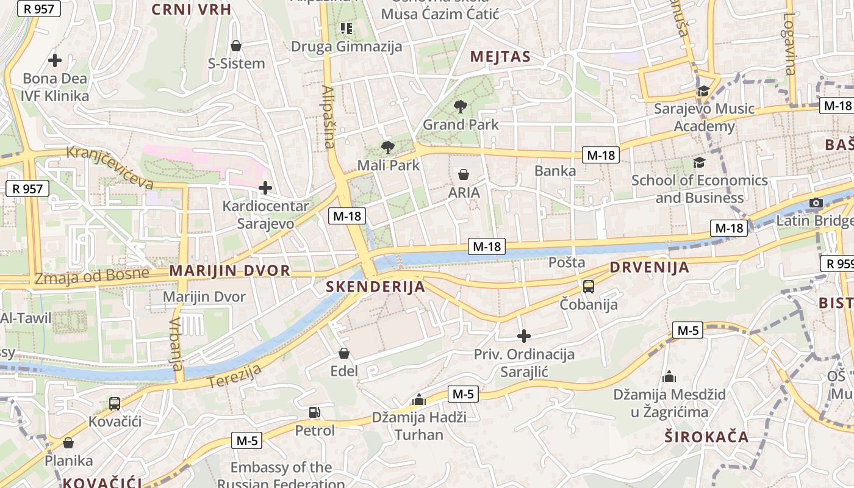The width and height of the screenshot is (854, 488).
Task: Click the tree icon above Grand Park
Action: click(x=461, y=107)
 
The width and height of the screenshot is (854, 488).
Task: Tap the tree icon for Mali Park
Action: click(x=387, y=147)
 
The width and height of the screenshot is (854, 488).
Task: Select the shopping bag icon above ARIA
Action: click(x=464, y=175)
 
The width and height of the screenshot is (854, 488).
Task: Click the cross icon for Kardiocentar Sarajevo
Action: click(x=265, y=187)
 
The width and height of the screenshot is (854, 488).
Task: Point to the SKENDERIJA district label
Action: click(x=375, y=287)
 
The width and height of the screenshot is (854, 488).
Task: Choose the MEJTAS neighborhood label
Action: click(x=500, y=57)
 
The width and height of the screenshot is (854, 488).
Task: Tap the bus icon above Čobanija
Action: click(x=589, y=286)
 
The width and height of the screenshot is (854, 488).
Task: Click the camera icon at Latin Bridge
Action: click(x=816, y=203)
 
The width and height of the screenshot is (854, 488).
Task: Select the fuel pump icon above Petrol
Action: click(x=315, y=413)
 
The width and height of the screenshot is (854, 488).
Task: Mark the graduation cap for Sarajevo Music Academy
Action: click(x=703, y=91)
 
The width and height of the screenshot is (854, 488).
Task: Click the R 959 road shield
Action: click(x=837, y=264)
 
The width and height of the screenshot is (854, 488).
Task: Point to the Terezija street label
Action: click(x=235, y=376)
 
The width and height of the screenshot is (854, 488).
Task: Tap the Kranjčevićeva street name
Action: click(x=110, y=167)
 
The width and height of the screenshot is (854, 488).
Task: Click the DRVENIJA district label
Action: click(x=650, y=267)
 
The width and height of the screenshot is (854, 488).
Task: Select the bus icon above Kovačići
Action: click(x=115, y=403)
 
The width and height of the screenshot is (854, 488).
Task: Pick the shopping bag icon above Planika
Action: click(x=68, y=443)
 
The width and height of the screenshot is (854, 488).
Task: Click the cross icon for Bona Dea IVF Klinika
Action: click(x=55, y=60)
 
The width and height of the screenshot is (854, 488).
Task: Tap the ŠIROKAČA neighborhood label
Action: click(x=706, y=437)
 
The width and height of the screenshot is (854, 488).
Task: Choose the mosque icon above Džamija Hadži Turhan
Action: click(x=418, y=400)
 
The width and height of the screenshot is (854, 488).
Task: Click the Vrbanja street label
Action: click(x=176, y=344)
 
